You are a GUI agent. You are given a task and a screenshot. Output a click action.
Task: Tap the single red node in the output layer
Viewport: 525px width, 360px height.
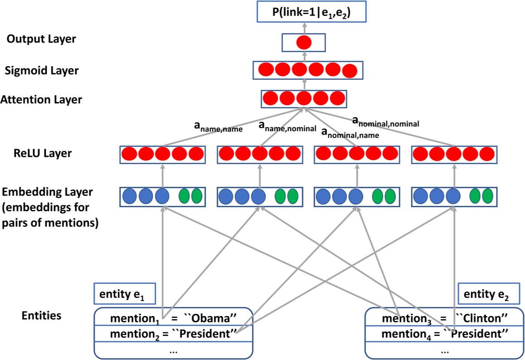303,43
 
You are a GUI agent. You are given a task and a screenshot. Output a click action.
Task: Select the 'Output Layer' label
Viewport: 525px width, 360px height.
41,39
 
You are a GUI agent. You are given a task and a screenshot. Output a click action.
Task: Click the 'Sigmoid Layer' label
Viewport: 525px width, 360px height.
42,71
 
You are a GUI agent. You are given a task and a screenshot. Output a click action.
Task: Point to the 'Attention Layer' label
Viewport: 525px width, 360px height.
41,100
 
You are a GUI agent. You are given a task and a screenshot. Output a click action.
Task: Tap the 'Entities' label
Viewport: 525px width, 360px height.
41,316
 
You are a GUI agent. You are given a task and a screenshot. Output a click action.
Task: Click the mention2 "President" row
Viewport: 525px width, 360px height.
173,335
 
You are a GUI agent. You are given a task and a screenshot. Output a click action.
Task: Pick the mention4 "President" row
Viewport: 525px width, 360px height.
444,335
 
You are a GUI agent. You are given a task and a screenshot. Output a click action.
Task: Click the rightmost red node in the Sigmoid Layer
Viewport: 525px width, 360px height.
350,71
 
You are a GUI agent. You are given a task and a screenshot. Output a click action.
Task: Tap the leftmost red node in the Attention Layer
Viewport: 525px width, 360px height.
270,98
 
